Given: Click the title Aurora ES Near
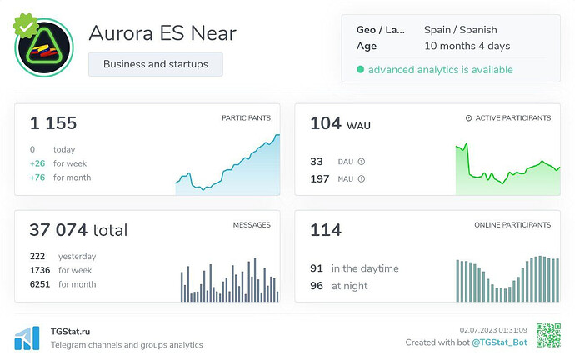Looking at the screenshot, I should pyautogui.click(x=162, y=33).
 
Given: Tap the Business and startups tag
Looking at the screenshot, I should pyautogui.click(x=155, y=64).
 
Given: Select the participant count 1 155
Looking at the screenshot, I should pyautogui.click(x=53, y=124).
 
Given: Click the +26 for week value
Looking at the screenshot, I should pyautogui.click(x=37, y=163).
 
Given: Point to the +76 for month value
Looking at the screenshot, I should pyautogui.click(x=37, y=177).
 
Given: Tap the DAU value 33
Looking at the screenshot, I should pyautogui.click(x=317, y=162).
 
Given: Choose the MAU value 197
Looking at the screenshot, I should pyautogui.click(x=320, y=178).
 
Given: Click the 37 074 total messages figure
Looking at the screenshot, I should pyautogui.click(x=78, y=230).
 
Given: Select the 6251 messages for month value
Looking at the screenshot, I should pyautogui.click(x=40, y=284).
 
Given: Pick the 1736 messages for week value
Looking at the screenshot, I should pyautogui.click(x=40, y=270).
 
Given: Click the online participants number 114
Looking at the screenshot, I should pyautogui.click(x=326, y=230).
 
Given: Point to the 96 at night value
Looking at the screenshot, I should pyautogui.click(x=317, y=286).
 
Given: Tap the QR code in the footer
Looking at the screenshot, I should pyautogui.click(x=547, y=335).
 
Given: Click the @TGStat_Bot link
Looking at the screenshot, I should pyautogui.click(x=499, y=342).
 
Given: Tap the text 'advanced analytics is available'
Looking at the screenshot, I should pyautogui.click(x=440, y=70).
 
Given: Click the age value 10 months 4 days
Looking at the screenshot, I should pyautogui.click(x=467, y=46).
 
